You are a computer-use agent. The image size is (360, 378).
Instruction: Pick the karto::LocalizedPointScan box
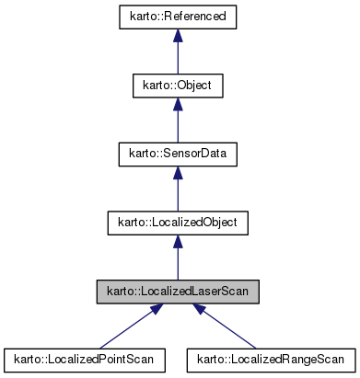pos(85,360)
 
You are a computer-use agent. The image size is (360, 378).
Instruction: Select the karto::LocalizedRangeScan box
pos(272,360)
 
